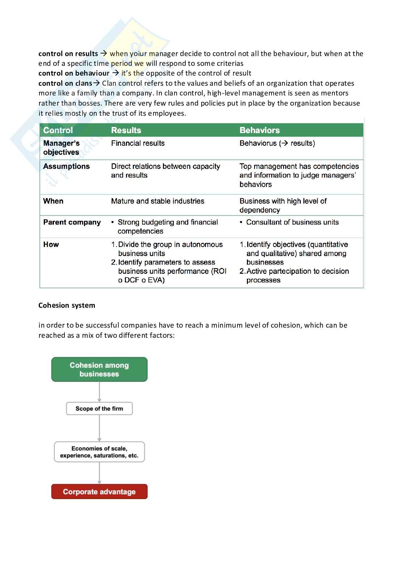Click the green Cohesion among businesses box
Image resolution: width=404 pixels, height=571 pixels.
[x=99, y=370]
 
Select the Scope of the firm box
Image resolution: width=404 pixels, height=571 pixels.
[x=99, y=409]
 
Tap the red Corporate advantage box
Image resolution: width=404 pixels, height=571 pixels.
[x=99, y=492]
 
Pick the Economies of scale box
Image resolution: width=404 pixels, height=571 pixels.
[x=99, y=452]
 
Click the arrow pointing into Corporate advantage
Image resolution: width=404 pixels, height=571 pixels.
[x=99, y=474]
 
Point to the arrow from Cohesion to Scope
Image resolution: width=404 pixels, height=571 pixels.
[x=99, y=392]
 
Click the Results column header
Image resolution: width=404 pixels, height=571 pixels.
[x=126, y=130]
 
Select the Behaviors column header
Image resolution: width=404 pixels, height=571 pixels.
[x=260, y=130]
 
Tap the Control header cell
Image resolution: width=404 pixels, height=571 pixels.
[x=58, y=130]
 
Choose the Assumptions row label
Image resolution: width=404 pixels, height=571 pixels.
[x=66, y=166]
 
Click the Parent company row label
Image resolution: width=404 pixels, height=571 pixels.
[x=72, y=222]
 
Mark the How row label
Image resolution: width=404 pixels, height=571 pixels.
[x=51, y=244]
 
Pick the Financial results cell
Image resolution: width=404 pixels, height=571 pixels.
[x=138, y=143]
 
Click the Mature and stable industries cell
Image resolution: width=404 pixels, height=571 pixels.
[x=157, y=201]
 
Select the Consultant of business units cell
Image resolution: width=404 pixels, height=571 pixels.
[x=292, y=222]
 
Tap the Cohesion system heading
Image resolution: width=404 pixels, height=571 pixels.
[x=67, y=305]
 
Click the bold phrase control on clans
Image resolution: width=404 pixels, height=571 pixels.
[x=65, y=84]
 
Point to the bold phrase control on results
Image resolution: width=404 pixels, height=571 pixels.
[x=68, y=54]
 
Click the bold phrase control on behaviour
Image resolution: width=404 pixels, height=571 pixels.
[x=74, y=73]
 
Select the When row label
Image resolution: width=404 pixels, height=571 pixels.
[x=53, y=201]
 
